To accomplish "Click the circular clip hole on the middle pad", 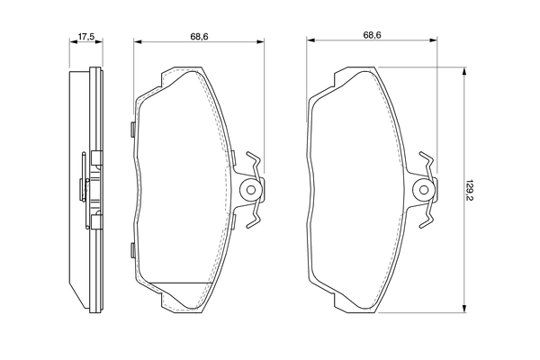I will point(253,190).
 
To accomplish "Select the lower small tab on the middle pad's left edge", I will point(132,249).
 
